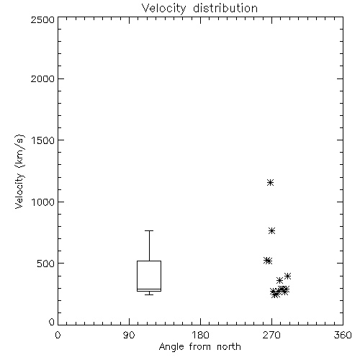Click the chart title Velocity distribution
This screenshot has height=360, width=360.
pos(199,9)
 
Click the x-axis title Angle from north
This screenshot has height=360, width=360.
pos(199,347)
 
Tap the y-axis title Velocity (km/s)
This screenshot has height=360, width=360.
pos(19,171)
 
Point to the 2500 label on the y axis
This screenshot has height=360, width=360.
pos(42,19)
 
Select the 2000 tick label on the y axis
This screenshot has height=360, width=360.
pos(42,78)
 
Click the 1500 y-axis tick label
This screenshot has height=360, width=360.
pos(43,140)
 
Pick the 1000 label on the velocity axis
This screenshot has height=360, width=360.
pos(43,202)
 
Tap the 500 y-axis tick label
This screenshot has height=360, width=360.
pos(46,264)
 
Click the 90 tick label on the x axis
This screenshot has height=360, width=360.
pos(129,335)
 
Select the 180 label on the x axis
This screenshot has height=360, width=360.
pos(200,335)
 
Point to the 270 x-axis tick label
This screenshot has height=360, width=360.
pos(271,335)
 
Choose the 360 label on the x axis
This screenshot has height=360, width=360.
pos(343,335)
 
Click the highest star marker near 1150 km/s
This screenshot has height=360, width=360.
pos(271,183)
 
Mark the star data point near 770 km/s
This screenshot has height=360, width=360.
pos(271,231)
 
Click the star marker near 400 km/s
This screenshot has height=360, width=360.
pos(287,276)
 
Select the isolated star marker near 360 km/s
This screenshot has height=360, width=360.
pos(279,280)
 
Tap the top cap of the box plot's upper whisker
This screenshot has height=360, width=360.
pos(149,230)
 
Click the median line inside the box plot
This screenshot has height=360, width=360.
pos(149,289)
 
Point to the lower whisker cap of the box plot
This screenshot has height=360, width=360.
pos(149,294)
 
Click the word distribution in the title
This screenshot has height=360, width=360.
pos(225,9)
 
